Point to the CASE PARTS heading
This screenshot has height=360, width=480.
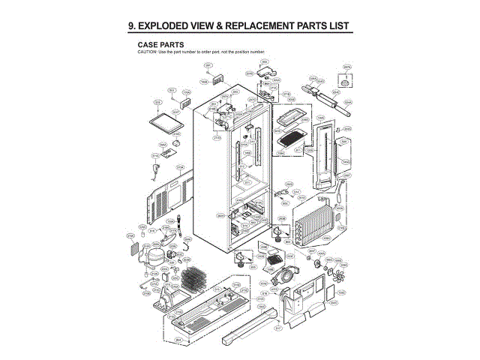160,44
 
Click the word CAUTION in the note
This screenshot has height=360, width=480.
147,51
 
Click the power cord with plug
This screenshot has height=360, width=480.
154,175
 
